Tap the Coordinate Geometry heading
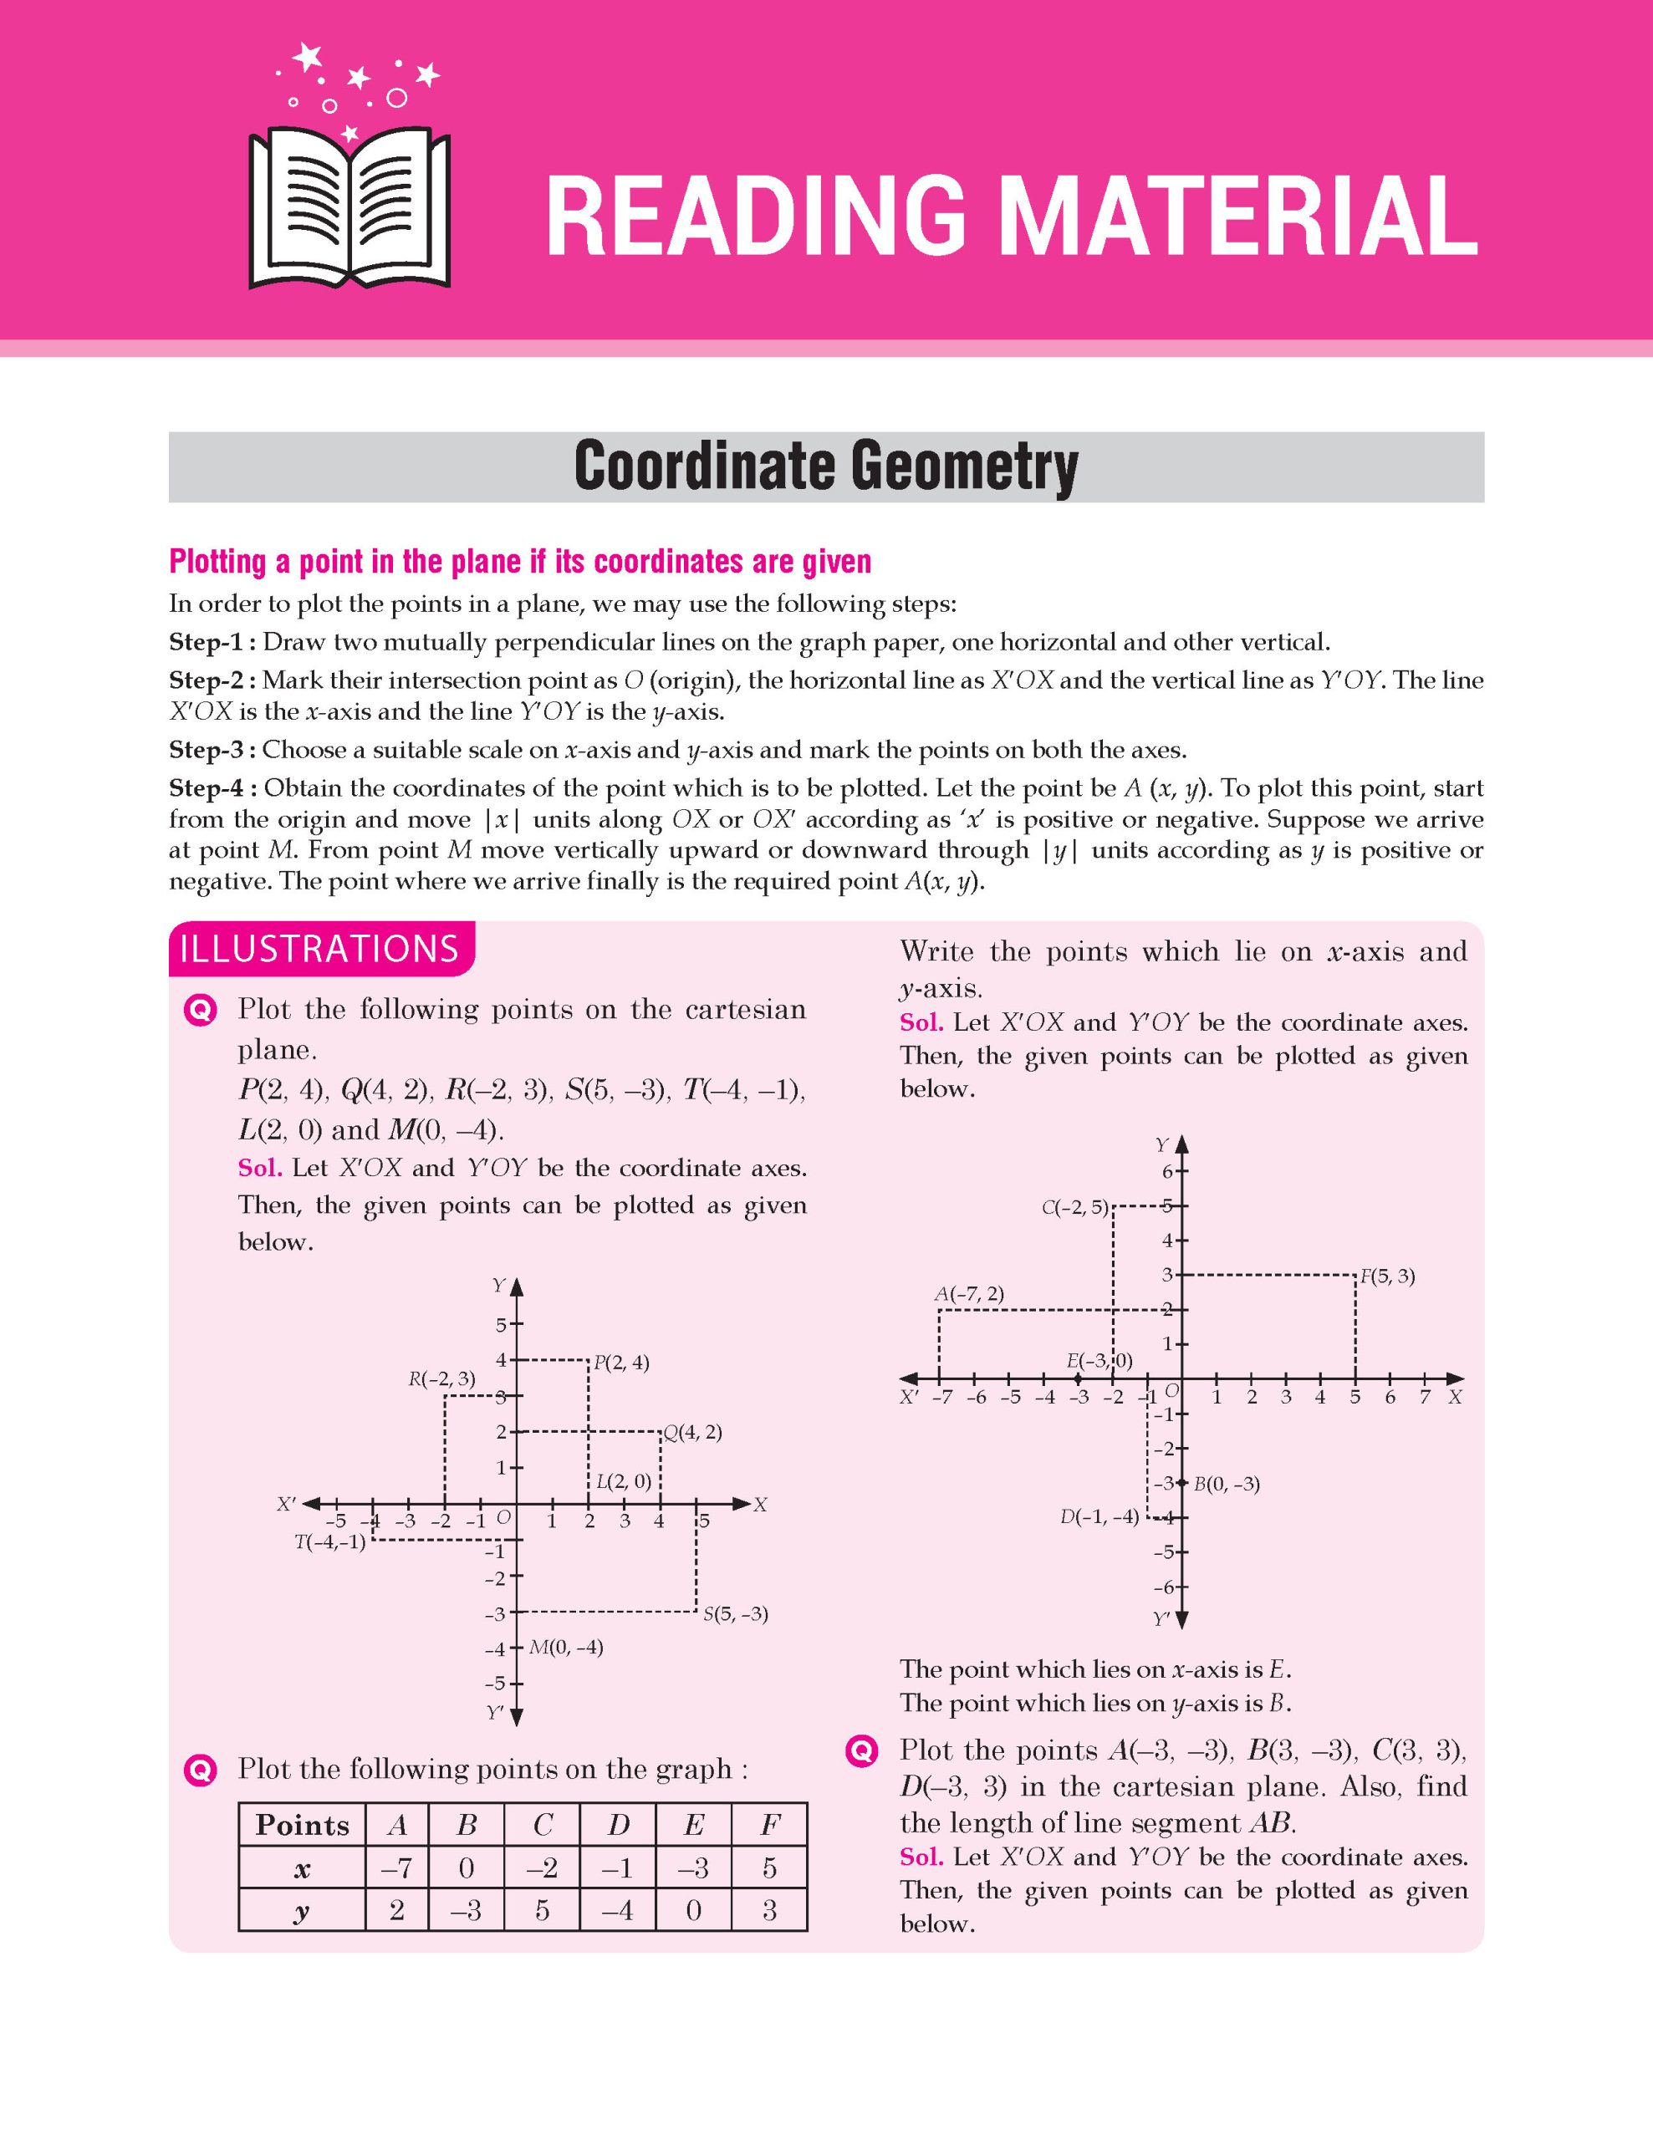tap(825, 466)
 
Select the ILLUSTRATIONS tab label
tap(319, 950)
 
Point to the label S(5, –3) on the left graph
tap(735, 1614)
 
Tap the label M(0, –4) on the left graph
tap(566, 1647)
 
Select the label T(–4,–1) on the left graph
tap(330, 1542)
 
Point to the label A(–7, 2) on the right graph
tap(969, 1293)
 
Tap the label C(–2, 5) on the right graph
tap(1075, 1208)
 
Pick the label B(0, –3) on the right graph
tap(1226, 1484)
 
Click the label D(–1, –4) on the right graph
tap(1099, 1517)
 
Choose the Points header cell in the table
tap(302, 1825)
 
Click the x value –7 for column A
tap(397, 1868)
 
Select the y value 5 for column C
tap(542, 1911)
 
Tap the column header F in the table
tap(769, 1825)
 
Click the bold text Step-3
tap(212, 750)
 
